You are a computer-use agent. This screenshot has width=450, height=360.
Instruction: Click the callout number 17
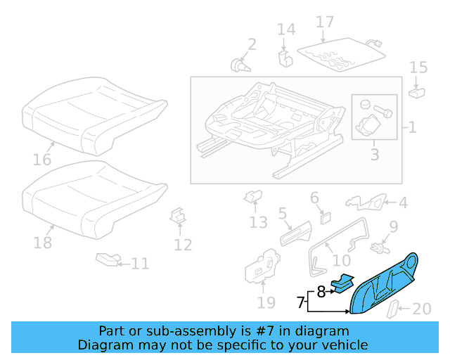[324, 22]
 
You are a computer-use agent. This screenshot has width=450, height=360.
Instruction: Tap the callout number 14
[285, 30]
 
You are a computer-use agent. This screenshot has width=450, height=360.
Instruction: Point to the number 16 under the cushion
[42, 160]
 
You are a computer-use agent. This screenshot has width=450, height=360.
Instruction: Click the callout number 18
[43, 243]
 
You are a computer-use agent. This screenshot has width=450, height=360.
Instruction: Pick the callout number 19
[265, 304]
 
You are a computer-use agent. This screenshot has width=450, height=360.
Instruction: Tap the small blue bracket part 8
[345, 281]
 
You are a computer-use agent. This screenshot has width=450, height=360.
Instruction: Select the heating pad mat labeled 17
[342, 52]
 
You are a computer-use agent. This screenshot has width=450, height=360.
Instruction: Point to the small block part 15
[416, 91]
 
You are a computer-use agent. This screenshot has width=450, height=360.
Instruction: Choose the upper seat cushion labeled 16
[95, 116]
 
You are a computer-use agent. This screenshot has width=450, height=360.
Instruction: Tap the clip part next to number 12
[179, 217]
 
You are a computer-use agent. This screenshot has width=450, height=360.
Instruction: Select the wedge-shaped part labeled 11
[107, 261]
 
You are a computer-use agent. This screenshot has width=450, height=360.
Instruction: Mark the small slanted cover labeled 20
[397, 308]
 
